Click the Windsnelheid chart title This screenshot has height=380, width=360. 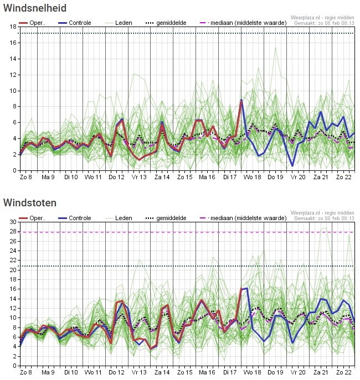(x=35, y=8)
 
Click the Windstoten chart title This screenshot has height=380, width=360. (x=29, y=203)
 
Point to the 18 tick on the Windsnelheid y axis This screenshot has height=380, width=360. (x=13, y=27)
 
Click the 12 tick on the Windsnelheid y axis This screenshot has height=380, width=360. (x=13, y=75)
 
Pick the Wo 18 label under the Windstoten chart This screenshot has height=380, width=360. (x=253, y=372)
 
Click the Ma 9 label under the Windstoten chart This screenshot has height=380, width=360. (x=48, y=372)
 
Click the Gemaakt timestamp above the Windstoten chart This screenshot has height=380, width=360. (x=324, y=218)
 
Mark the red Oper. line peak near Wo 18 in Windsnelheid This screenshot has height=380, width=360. (x=241, y=101)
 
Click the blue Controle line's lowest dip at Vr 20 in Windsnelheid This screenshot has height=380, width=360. (x=292, y=165)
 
